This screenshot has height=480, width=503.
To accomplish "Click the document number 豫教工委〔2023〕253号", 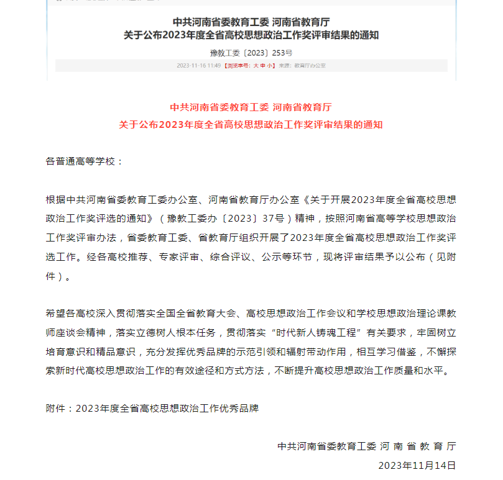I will click(251, 53).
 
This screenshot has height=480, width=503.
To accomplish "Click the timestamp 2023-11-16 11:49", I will click(198, 65).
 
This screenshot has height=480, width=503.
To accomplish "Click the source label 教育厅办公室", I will click(310, 65).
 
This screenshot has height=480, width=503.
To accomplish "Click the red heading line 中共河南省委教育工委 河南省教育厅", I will click(251, 107).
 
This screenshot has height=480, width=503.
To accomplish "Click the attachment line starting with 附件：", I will click(152, 408).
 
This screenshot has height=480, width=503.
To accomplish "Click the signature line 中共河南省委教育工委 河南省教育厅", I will click(367, 446).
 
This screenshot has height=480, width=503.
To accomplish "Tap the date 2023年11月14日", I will click(417, 464).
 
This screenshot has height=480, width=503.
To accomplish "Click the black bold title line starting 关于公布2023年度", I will click(251, 35).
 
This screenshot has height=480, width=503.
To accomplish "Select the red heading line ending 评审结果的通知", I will click(251, 124).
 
